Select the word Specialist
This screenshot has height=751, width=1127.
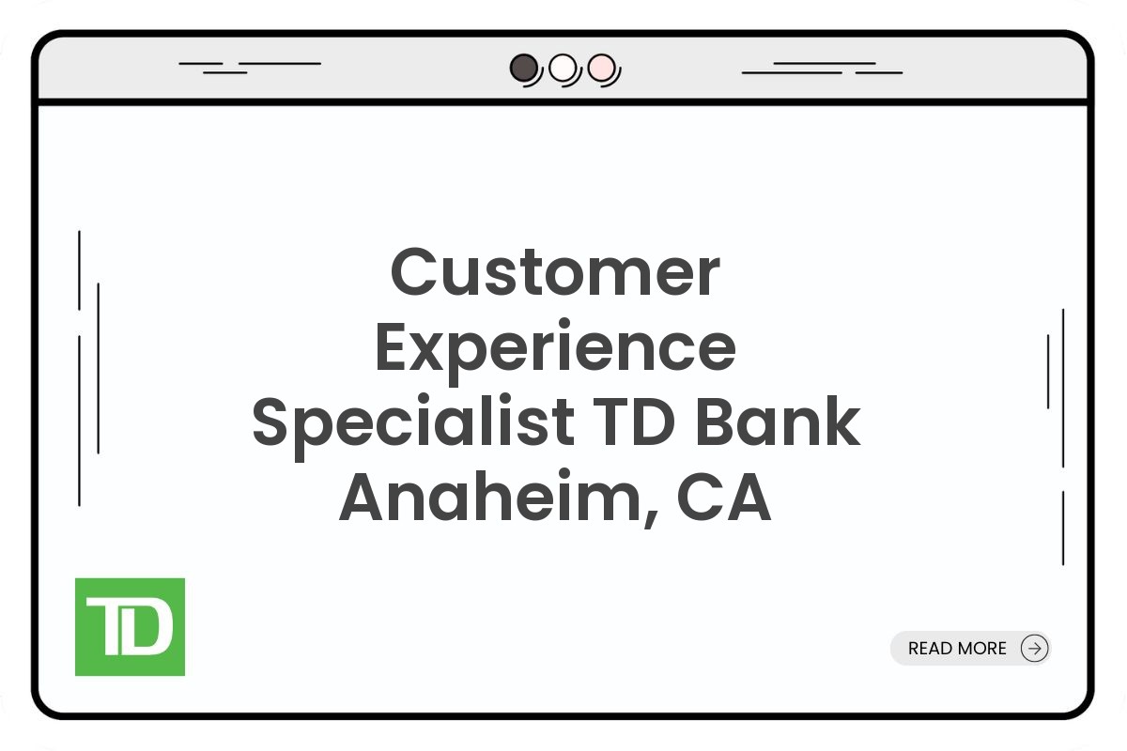[412, 424]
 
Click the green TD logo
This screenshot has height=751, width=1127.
[130, 626]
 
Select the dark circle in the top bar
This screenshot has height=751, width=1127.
[523, 68]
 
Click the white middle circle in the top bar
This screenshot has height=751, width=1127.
[562, 68]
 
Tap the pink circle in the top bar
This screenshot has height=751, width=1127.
[601, 68]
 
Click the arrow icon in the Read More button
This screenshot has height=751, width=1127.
[1034, 648]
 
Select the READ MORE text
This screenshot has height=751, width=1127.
[957, 649]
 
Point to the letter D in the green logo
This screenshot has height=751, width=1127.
[150, 627]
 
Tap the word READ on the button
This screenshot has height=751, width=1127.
[930, 649]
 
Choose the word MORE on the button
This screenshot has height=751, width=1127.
[981, 649]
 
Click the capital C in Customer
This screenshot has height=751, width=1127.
[416, 272]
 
